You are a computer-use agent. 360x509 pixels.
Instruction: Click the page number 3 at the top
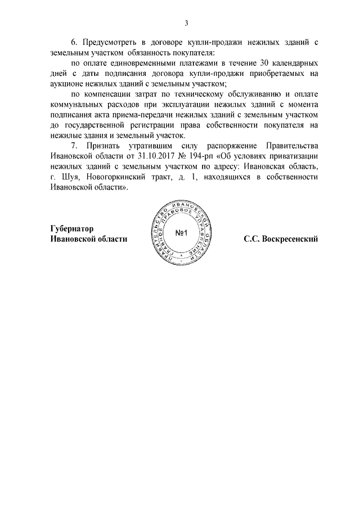click(x=186, y=23)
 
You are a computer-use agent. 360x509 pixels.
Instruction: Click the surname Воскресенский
click(x=289, y=238)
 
